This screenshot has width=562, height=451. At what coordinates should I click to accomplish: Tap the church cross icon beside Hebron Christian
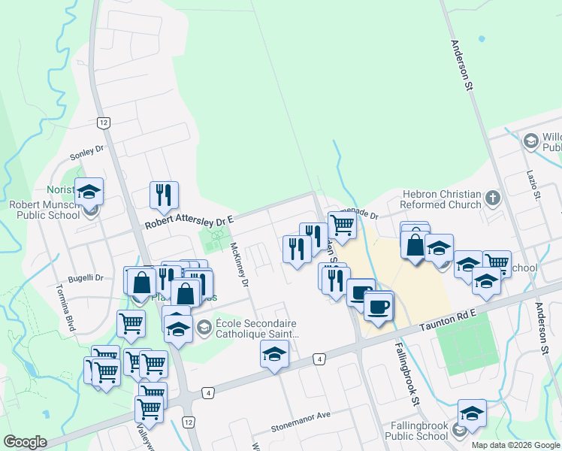pos(493,198)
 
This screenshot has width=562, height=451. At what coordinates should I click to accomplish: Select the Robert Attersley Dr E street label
pos(189,221)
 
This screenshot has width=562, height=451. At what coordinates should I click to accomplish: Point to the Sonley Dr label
pos(86,155)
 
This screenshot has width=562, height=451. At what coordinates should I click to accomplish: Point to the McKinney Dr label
pos(240,265)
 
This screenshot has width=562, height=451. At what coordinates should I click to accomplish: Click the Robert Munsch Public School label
pos(44,209)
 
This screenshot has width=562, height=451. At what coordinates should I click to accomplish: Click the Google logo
pos(26,442)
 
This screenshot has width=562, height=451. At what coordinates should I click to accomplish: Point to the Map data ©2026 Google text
pos(515,445)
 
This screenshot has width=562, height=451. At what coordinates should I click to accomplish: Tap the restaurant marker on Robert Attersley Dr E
pos(163,195)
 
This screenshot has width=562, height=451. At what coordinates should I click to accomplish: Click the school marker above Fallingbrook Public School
pos(472,413)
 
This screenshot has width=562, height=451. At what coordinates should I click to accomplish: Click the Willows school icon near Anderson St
pos(530,141)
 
